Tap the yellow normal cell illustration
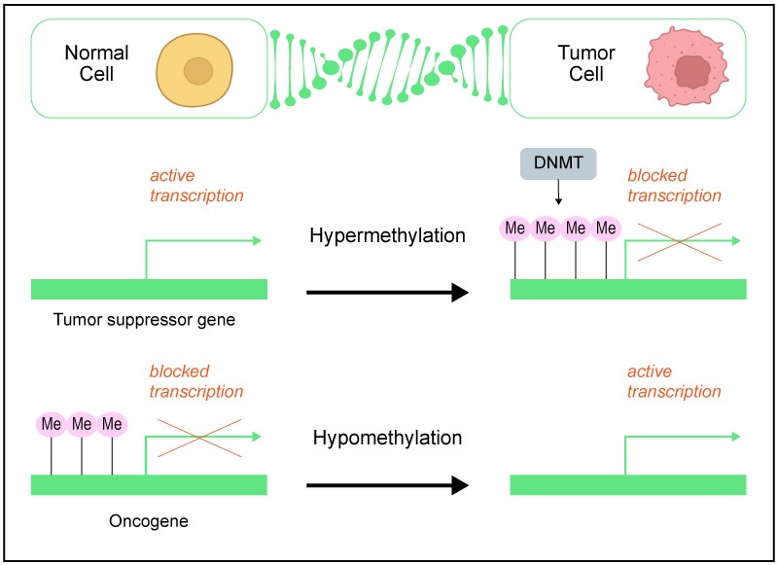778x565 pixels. pos(197,71)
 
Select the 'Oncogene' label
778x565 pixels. pos(149,520)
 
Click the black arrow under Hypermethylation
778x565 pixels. pos(387,291)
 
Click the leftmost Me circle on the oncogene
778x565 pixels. pos(51,424)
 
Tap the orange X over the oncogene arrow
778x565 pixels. pos(198,438)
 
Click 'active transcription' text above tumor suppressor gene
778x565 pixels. pos(196,186)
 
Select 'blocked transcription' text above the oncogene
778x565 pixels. pos(196,381)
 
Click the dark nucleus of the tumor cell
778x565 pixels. pos(692,72)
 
